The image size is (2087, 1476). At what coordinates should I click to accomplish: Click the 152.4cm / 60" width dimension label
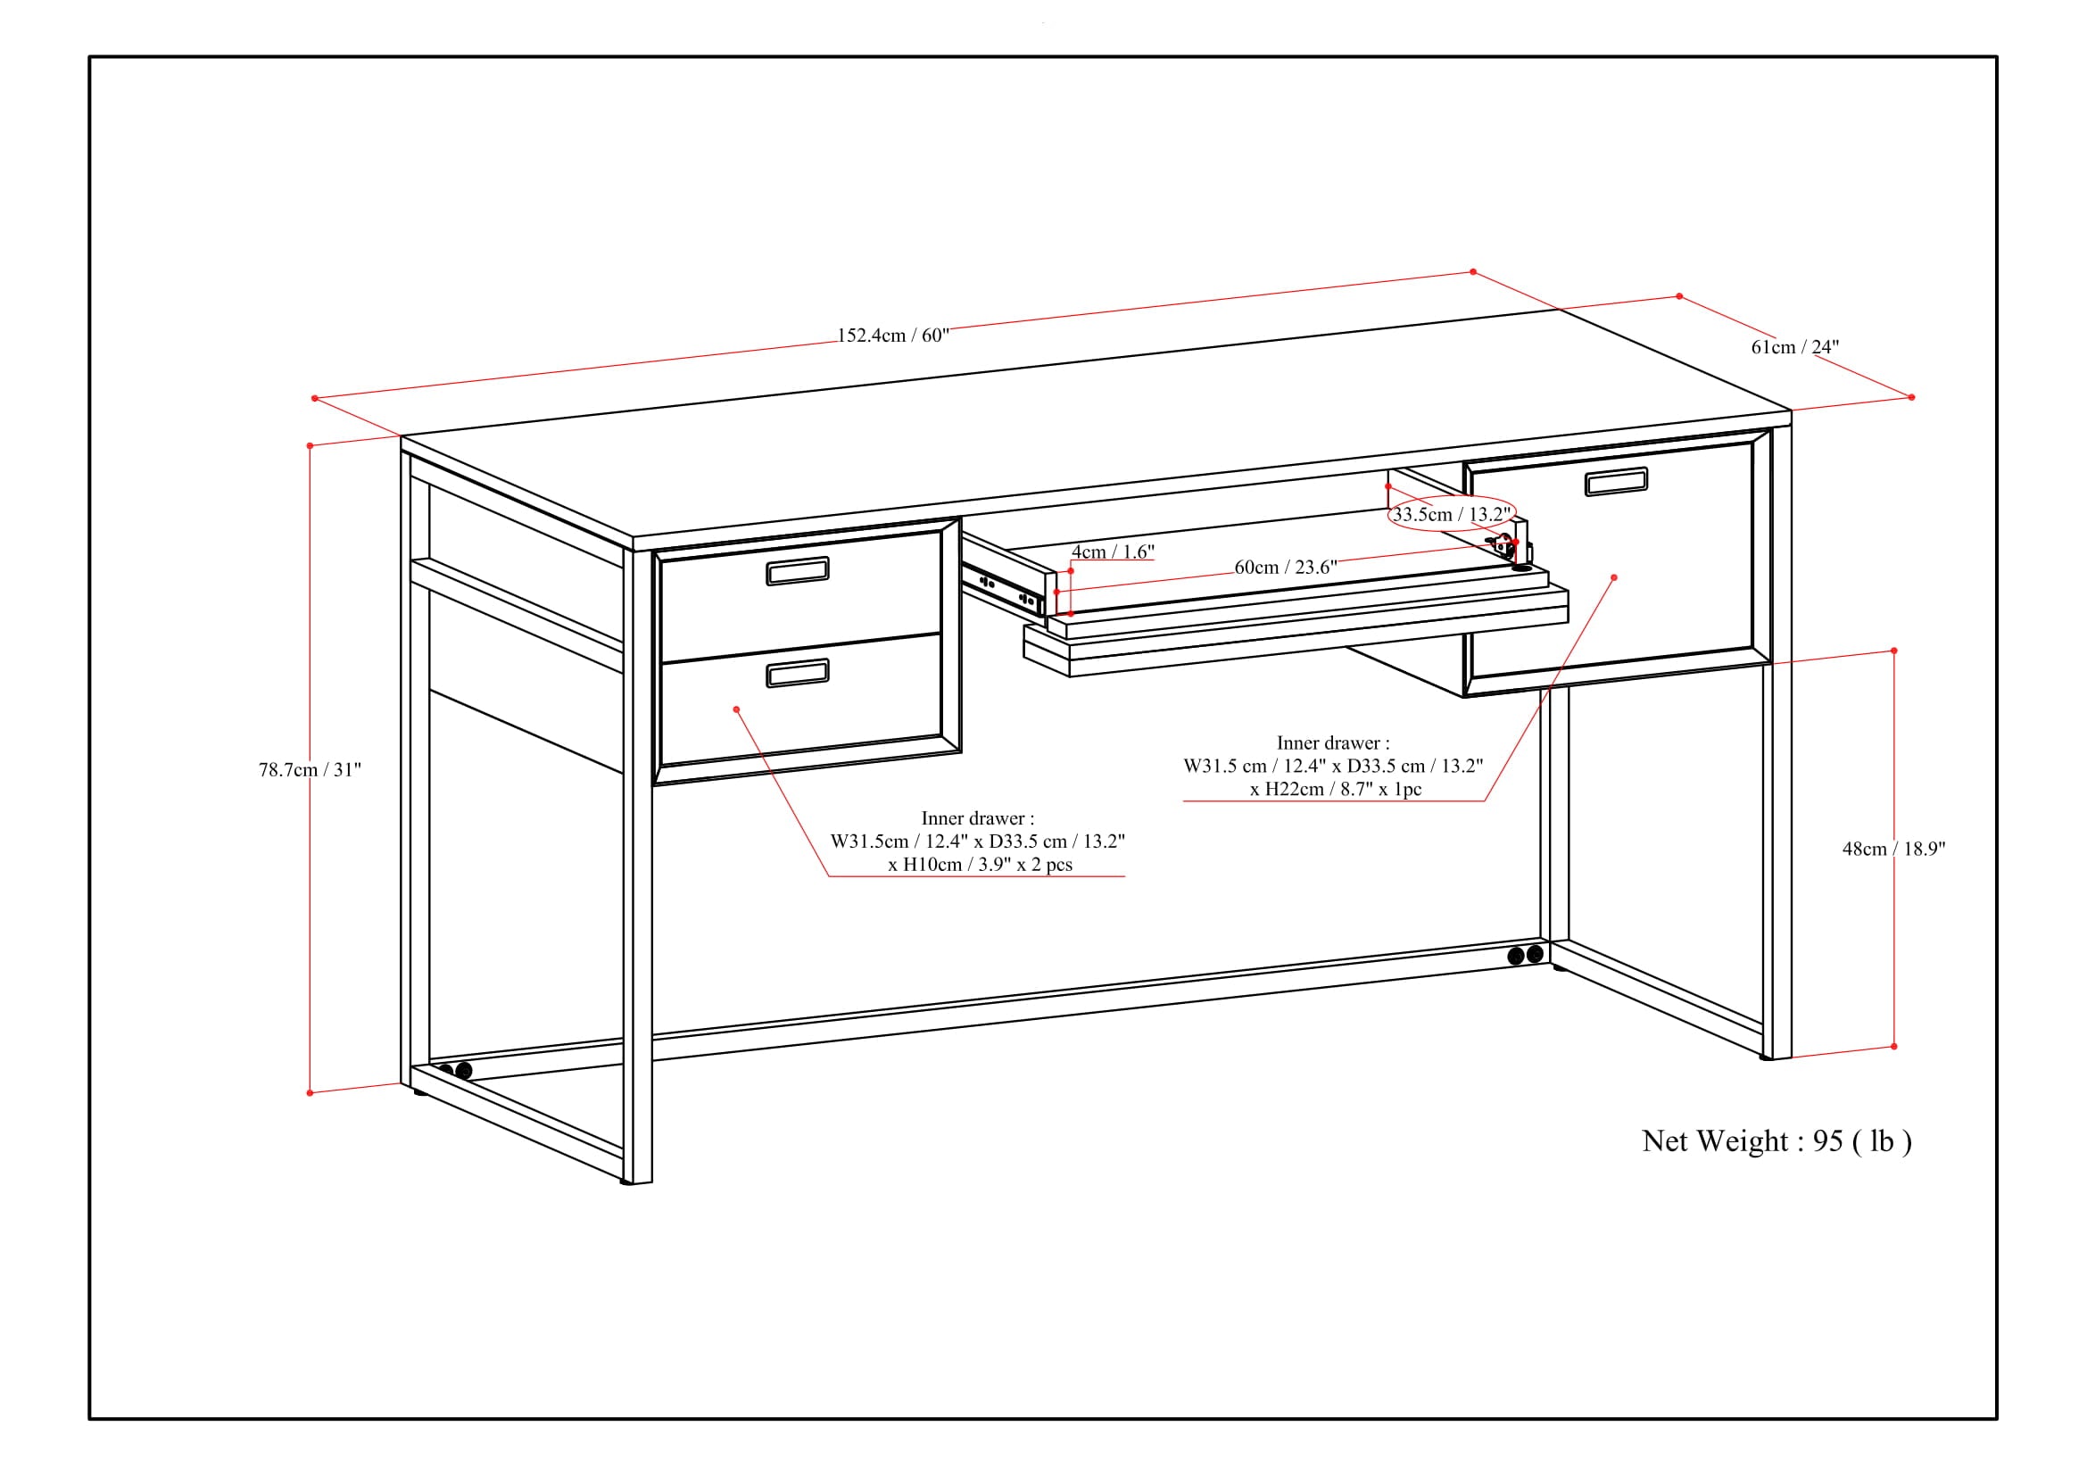pyautogui.click(x=892, y=336)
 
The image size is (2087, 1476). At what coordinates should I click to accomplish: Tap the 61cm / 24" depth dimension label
pyautogui.click(x=1794, y=347)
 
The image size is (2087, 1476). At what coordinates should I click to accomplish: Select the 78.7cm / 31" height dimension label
pyautogui.click(x=310, y=770)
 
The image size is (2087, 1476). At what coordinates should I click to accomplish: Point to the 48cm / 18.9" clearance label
pyautogui.click(x=1893, y=849)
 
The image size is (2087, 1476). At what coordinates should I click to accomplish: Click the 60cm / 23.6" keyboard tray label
pyautogui.click(x=1285, y=568)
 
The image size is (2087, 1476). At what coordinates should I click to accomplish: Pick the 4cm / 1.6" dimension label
pyautogui.click(x=1113, y=551)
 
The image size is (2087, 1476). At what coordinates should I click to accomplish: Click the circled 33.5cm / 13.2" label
pyautogui.click(x=1452, y=514)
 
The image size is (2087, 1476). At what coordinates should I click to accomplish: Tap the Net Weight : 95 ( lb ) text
pyautogui.click(x=1776, y=1140)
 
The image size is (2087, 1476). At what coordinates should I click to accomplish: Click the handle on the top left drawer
pyautogui.click(x=797, y=571)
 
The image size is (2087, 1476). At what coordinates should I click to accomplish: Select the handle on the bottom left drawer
pyautogui.click(x=797, y=673)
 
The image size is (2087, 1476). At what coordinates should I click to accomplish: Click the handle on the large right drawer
pyautogui.click(x=1616, y=482)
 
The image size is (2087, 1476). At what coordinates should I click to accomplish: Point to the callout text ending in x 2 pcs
pyautogui.click(x=978, y=842)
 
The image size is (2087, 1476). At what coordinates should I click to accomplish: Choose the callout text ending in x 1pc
pyautogui.click(x=1333, y=767)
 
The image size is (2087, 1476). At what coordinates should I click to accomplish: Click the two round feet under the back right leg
pyautogui.click(x=1525, y=955)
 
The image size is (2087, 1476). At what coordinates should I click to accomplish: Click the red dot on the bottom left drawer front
pyautogui.click(x=736, y=709)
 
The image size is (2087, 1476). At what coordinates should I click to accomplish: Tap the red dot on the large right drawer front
pyautogui.click(x=1614, y=577)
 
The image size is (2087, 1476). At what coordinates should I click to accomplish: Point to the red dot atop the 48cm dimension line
pyautogui.click(x=1894, y=651)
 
